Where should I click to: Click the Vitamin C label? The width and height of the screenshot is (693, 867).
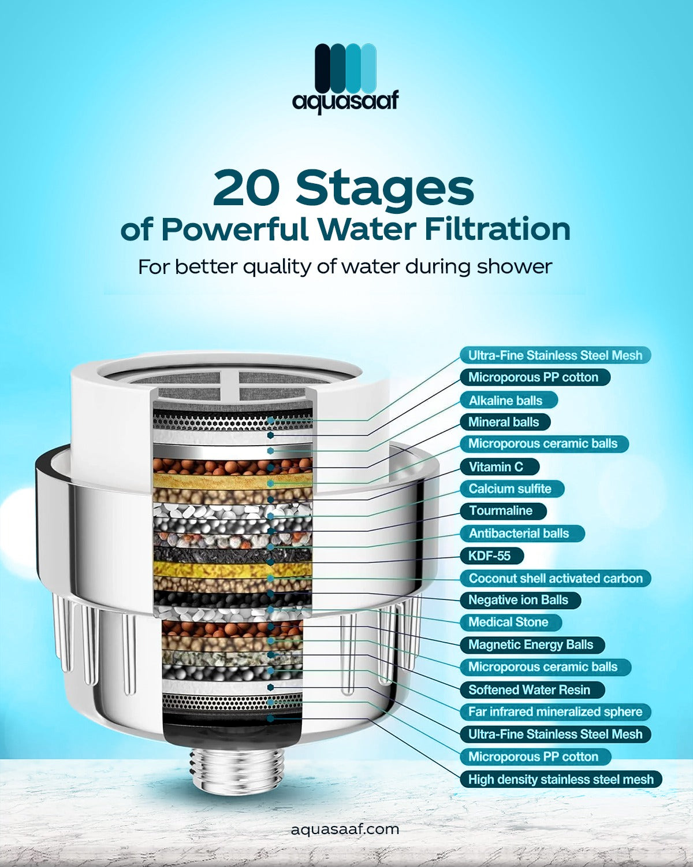[x=499, y=467]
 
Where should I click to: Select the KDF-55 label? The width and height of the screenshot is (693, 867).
[x=491, y=556]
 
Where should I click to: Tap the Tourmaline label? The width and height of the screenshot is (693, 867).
[x=504, y=511]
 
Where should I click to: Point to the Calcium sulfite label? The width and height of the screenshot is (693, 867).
[x=512, y=488]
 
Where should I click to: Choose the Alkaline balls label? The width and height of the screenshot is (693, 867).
[x=509, y=401]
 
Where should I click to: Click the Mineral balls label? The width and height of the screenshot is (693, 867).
[x=505, y=422]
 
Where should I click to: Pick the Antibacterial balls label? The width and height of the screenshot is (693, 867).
[x=522, y=533]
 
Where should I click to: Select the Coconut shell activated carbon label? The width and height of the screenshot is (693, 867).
[x=556, y=578]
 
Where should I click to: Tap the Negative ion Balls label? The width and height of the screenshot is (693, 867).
[x=521, y=600]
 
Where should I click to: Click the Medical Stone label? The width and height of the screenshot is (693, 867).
[x=511, y=622]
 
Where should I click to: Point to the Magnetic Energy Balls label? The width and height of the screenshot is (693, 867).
[x=532, y=644]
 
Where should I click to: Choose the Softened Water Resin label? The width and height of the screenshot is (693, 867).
[x=532, y=690]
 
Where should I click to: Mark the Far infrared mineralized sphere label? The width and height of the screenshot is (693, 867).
[x=556, y=712]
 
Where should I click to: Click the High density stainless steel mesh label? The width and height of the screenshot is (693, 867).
[x=561, y=779]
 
